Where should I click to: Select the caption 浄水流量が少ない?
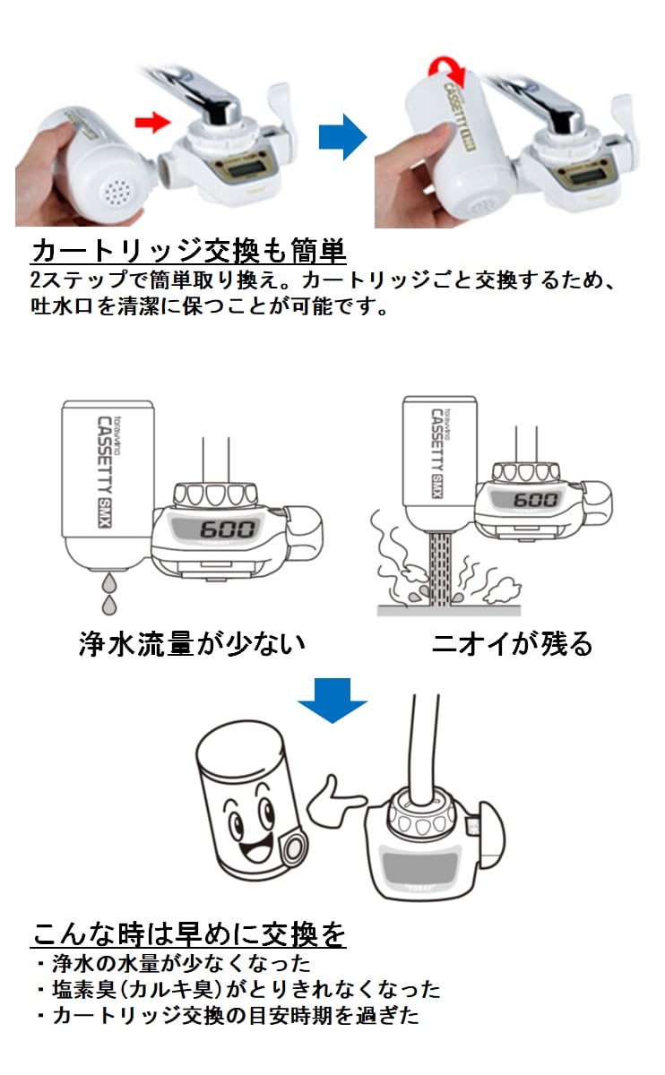[x=192, y=643]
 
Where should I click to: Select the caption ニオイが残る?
[x=512, y=643]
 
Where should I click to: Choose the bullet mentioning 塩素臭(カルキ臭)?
[x=238, y=990]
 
